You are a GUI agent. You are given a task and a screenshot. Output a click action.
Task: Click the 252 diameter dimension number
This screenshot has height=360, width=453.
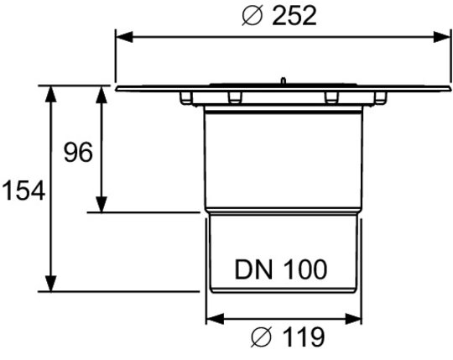pyautogui.click(x=294, y=16)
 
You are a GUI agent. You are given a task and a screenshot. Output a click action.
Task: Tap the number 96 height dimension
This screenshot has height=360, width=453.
pyautogui.click(x=78, y=152)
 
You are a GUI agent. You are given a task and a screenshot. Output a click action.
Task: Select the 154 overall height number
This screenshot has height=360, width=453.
pyautogui.click(x=23, y=190)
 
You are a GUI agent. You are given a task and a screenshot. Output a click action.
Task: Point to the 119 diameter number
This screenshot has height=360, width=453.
pyautogui.click(x=303, y=337)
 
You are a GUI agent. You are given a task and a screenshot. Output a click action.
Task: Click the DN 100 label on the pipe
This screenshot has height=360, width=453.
pyautogui.click(x=281, y=269)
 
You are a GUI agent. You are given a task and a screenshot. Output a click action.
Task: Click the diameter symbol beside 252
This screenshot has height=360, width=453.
pyautogui.click(x=253, y=16)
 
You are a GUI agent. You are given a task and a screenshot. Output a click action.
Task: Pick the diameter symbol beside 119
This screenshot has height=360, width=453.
pyautogui.click(x=261, y=337)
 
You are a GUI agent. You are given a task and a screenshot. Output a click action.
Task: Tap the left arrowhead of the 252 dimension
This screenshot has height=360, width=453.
pyautogui.click(x=124, y=37)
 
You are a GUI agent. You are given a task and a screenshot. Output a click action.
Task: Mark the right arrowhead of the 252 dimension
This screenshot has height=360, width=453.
pyautogui.click(x=442, y=37)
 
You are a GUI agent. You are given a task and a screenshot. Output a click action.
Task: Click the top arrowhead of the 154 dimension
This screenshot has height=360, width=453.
pyautogui.click(x=51, y=94)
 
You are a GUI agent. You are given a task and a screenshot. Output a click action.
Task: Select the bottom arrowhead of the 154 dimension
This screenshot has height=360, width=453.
pyautogui.click(x=51, y=284)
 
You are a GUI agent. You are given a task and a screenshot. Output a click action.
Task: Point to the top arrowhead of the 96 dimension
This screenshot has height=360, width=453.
pyautogui.click(x=102, y=95)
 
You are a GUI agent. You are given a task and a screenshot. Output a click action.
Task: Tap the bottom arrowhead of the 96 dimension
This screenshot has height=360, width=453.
pyautogui.click(x=102, y=204)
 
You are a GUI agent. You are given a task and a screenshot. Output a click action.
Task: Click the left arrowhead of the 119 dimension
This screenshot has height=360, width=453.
pyautogui.click(x=216, y=319)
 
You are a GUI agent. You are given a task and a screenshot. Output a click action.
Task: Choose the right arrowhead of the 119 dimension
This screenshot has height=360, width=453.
pyautogui.click(x=353, y=319)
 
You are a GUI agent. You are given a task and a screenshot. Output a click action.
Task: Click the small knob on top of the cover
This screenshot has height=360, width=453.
pyautogui.click(x=284, y=81)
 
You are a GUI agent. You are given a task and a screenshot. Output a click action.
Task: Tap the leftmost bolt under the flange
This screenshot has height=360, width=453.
pyautogui.click(x=185, y=97)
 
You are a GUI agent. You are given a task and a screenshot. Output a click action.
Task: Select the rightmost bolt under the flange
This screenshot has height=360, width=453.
pyautogui.click(x=381, y=97)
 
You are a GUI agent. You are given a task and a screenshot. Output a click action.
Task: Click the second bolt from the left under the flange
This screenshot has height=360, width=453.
pyautogui.click(x=235, y=97)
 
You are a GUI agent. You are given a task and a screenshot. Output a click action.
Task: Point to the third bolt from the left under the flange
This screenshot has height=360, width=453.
pyautogui.click(x=331, y=97)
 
